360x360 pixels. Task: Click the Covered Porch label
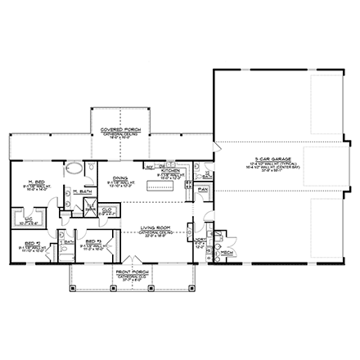point(116,131)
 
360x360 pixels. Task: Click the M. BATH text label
point(79,192)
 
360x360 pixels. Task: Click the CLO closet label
point(108,209)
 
